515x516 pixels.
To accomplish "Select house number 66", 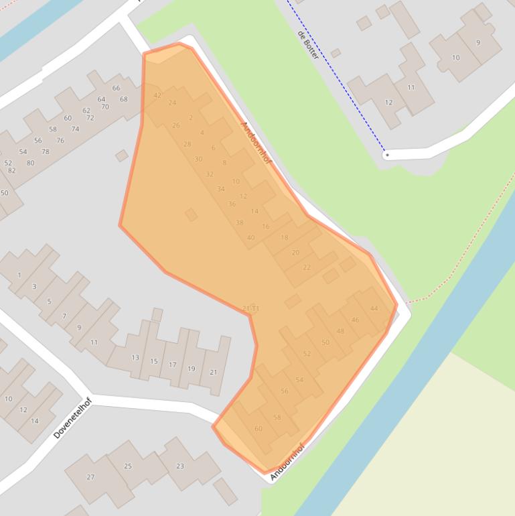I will tap(117, 88).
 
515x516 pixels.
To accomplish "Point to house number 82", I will tap(11, 171).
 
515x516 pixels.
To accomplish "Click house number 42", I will tap(157, 96).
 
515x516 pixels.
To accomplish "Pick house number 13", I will tap(135, 358).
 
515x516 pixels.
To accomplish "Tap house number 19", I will tap(192, 369).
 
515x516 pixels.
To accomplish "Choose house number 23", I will tap(180, 466).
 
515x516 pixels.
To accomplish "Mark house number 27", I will tap(90, 477).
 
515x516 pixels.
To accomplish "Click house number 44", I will tap(374, 309).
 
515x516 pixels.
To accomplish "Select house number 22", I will tap(307, 267).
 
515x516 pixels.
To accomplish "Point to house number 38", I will tap(240, 222).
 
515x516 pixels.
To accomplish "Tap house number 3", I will tap(34, 287).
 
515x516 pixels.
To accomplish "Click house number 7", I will tap(64, 316).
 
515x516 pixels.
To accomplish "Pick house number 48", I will tap(340, 331).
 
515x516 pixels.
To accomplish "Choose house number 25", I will tap(128, 466).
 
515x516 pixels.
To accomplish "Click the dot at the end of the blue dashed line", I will tap(386, 155).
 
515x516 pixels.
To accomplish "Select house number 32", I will tap(210, 174).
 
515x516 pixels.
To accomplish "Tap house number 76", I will tap(60, 141).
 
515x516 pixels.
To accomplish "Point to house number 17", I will tap(173, 365).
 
